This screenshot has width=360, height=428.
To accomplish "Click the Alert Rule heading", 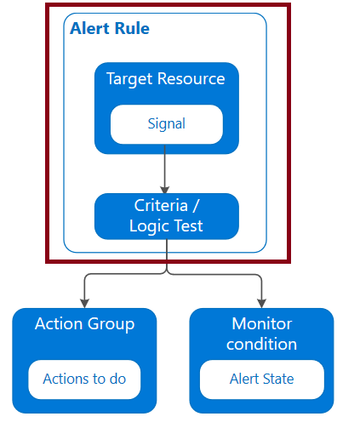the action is tap(110, 28).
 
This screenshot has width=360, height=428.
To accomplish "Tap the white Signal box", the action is tap(167, 124).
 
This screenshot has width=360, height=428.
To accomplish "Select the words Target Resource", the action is tap(166, 79).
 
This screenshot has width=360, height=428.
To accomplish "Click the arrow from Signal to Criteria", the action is tap(165, 169).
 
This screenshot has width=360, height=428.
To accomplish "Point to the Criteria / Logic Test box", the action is tap(167, 216).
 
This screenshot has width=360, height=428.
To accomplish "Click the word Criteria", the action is tap(161, 205).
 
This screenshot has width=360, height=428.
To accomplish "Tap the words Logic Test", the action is tap(166, 226).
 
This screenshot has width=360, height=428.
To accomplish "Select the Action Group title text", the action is tap(84, 324).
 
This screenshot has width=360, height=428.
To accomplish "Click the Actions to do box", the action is tap(84, 379).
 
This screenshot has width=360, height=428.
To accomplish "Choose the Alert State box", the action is tap(262, 379).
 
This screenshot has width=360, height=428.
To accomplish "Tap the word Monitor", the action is tap(262, 323).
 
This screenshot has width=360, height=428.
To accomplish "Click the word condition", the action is tap(261, 344).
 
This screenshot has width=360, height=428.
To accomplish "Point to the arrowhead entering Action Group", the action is tap(84, 304).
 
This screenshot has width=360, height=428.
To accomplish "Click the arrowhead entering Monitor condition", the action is tap(261, 304).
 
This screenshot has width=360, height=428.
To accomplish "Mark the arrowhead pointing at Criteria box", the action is tap(165, 190).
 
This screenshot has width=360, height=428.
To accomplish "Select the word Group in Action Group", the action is tap(111, 324).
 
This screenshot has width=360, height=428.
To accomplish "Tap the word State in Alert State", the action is tap(278, 379).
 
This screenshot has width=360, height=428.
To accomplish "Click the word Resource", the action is tap(191, 78).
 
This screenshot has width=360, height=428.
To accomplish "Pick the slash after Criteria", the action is tap(196, 206).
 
